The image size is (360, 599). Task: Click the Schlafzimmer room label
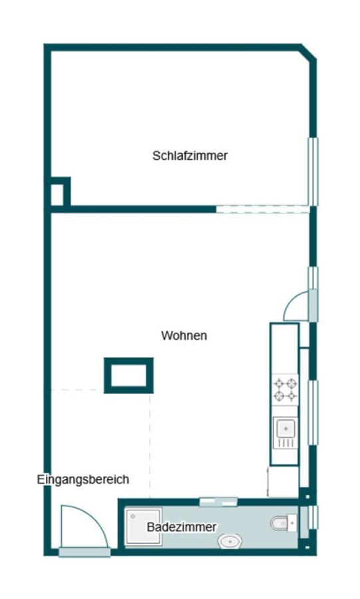click(190, 156)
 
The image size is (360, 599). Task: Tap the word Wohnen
click(184, 335)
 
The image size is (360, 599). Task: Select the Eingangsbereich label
click(83, 479)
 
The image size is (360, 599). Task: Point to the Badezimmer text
click(182, 527)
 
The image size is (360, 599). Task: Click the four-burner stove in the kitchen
click(285, 390)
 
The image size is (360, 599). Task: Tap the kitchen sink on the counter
click(285, 433)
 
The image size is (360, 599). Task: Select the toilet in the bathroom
click(283, 524)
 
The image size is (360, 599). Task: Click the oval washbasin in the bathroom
click(230, 542)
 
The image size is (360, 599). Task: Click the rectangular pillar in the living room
click(128, 375)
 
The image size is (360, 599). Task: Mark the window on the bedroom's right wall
click(311, 171)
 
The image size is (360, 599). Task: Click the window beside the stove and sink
click(311, 413)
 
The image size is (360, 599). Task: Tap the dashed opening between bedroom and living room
click(262, 209)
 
